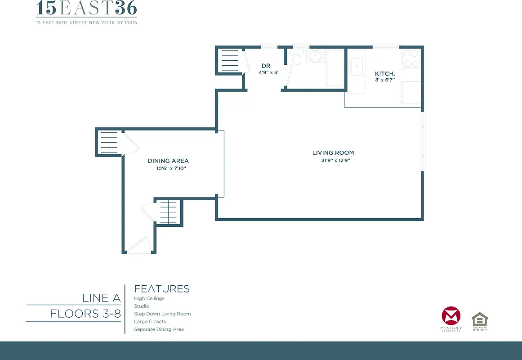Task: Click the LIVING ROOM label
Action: point(333,153)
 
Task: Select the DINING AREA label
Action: point(168,161)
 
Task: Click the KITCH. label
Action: point(385,73)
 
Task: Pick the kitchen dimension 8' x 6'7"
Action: point(385,80)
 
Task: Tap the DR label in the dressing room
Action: point(266,66)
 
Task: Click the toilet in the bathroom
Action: point(296,59)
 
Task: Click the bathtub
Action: point(335,68)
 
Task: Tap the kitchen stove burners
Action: point(410,58)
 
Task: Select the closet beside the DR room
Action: point(228,60)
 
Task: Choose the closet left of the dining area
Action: point(109,142)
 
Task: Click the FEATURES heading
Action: point(162,289)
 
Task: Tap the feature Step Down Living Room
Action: point(162,314)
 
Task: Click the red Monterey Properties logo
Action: point(451,316)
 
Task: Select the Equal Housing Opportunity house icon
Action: point(479,320)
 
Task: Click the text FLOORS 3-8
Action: point(85,313)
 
